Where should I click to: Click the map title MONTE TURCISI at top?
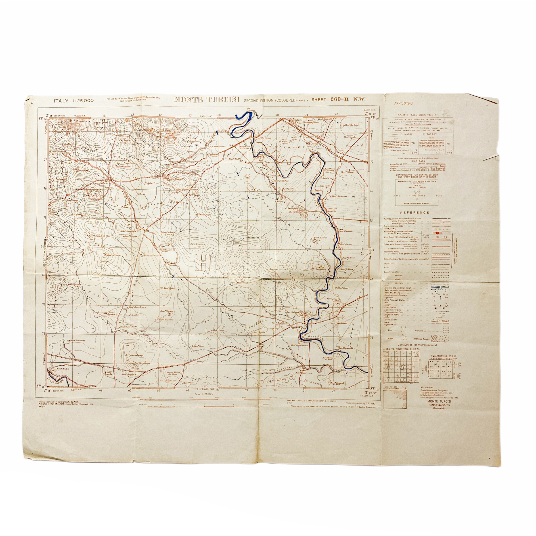206,100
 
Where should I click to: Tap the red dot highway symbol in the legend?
438,233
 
